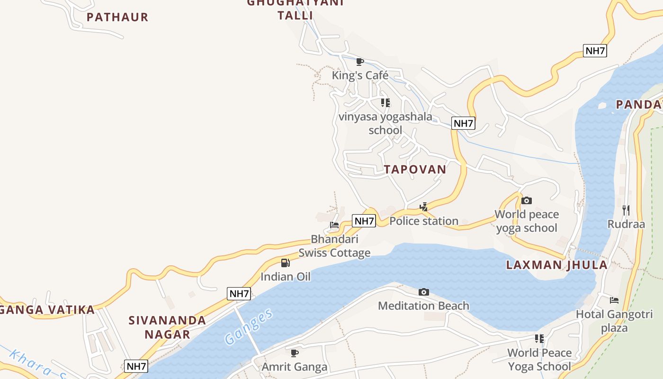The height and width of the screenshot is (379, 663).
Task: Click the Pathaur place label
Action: [117, 18]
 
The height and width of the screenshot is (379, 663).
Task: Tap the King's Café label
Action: [360, 75]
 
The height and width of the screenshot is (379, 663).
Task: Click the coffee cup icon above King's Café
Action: [360, 62]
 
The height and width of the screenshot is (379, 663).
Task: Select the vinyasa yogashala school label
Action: [385, 123]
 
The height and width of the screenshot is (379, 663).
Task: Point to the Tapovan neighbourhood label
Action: [415, 170]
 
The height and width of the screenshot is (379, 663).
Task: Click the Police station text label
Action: [424, 221]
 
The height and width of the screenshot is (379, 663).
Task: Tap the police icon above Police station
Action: [424, 207]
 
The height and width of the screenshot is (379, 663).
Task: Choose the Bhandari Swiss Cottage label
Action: [334, 246]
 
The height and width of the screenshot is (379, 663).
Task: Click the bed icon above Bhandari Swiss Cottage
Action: [334, 225]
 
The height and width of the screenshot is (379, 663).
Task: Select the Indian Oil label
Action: [286, 277]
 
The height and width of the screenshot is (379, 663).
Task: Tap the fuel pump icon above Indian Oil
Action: [286, 263]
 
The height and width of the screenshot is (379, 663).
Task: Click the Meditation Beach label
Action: [423, 306]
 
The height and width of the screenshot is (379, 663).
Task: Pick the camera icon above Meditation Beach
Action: [424, 292]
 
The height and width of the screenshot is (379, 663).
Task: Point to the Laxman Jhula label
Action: [557, 265]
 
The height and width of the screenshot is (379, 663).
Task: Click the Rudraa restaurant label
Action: [626, 224]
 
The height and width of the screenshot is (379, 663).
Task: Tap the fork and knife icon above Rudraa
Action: [626, 210]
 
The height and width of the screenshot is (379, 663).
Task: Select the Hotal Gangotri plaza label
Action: [614, 321]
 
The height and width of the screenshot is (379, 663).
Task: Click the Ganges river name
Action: [249, 326]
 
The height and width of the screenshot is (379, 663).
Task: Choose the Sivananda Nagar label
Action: [167, 327]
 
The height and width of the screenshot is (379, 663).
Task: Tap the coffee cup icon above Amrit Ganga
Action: [295, 353]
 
